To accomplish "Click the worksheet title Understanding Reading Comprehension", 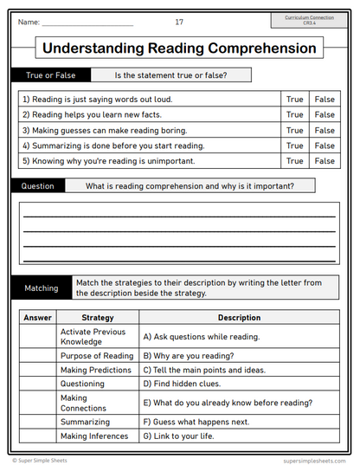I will click(179, 48).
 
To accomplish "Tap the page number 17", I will click(179, 22).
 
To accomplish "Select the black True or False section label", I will click(50, 75).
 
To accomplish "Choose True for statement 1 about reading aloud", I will click(294, 100).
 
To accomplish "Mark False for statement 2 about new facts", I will click(325, 114).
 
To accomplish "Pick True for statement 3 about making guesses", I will click(294, 130).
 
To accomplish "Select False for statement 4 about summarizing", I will click(325, 145).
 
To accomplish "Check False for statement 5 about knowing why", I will click(325, 161).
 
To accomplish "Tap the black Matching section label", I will click(41, 287).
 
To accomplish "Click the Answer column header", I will click(37, 318).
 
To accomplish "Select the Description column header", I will click(239, 318).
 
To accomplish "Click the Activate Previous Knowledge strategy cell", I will click(96, 337).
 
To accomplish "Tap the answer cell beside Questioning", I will click(37, 384).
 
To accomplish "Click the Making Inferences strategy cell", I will click(96, 436).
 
